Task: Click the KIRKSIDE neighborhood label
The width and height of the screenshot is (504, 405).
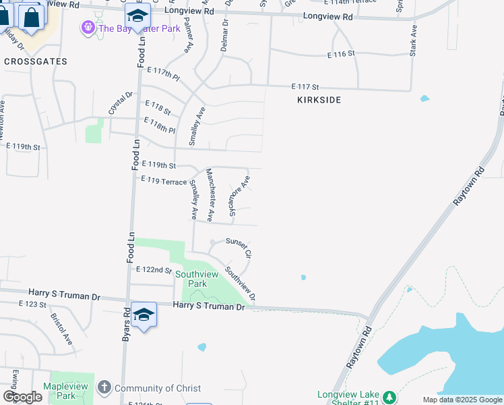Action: (x=319, y=100)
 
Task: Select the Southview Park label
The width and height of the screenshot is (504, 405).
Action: (x=197, y=279)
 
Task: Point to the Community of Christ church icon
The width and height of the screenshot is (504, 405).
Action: (x=104, y=387)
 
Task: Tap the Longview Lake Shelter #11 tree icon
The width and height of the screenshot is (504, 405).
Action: (x=389, y=396)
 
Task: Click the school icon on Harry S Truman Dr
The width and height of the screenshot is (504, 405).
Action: (x=144, y=315)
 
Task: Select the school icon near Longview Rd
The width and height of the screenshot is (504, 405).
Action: (x=138, y=16)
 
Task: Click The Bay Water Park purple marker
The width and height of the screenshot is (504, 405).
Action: (x=88, y=28)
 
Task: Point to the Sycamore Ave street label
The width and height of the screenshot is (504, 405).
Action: (x=239, y=195)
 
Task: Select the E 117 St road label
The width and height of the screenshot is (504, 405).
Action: (x=305, y=86)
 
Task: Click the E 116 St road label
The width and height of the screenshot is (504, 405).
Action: (x=341, y=54)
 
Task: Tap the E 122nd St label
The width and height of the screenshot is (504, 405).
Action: (x=154, y=269)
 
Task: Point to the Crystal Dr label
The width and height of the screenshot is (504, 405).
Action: (x=120, y=103)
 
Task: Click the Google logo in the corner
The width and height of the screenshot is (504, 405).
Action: (x=22, y=397)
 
